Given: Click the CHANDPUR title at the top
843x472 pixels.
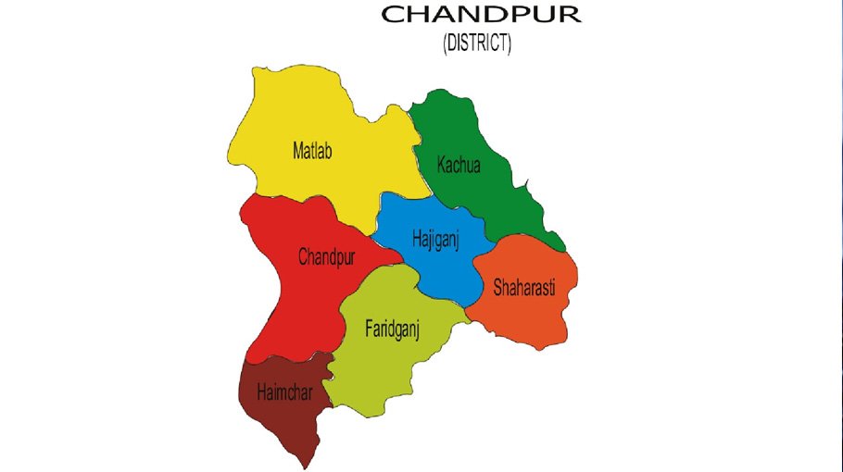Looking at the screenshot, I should pyautogui.click(x=481, y=15).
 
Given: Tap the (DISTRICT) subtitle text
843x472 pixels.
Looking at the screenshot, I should pyautogui.click(x=477, y=43).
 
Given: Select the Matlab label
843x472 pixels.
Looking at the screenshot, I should pyautogui.click(x=311, y=149).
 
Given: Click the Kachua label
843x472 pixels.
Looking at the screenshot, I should pyautogui.click(x=459, y=166).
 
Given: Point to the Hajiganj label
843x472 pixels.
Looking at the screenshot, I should pyautogui.click(x=435, y=240).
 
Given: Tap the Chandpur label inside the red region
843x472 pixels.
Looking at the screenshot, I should pyautogui.click(x=326, y=257).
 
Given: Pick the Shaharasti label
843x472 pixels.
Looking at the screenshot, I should pyautogui.click(x=523, y=286).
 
